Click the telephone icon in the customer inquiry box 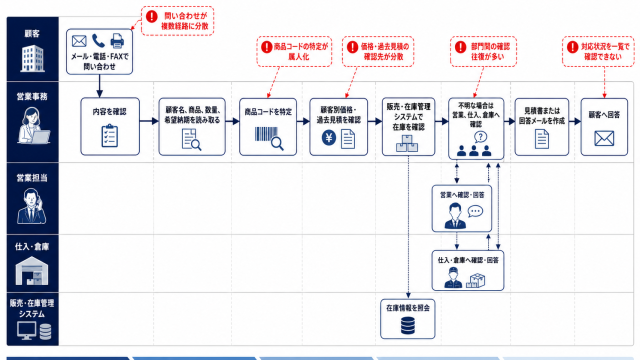98,41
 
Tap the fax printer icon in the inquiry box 117,41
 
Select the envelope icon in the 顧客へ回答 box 604,138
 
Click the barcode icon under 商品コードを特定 269,138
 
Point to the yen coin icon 329,138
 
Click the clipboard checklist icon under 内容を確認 110,136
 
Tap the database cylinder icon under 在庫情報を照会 408,326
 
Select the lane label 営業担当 32,178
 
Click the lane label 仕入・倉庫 32,247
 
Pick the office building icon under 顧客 33,58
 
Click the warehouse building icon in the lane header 32,271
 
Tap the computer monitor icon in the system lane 27,331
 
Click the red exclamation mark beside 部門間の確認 460,47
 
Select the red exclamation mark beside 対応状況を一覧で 572,47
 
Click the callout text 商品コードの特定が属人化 300,51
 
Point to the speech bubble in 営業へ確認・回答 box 475,211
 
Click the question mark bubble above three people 481,137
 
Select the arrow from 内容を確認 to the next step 149,121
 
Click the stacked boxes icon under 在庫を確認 407,143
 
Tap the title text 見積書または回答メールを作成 542,116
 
